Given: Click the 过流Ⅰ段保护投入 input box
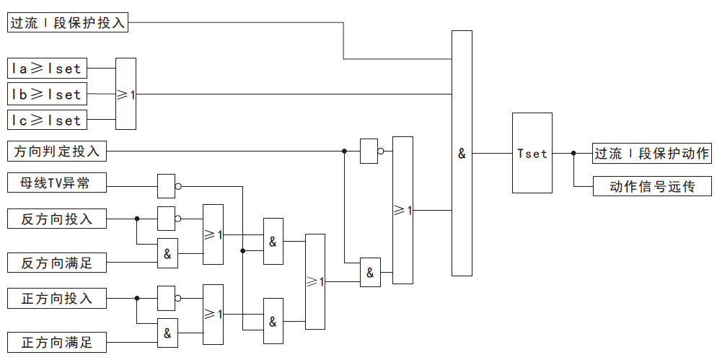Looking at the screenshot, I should [x=69, y=22].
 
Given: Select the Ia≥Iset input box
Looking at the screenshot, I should [x=47, y=69].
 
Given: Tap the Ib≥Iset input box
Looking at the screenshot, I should [x=47, y=94].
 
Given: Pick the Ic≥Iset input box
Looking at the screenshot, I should [x=47, y=119].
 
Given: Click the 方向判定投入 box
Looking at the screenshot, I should [x=57, y=152].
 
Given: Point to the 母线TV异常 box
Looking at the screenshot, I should [x=57, y=184].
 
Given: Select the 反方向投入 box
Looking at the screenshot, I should [x=57, y=218].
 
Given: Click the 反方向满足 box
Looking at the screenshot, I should [x=57, y=263].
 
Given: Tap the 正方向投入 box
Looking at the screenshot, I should [x=57, y=297].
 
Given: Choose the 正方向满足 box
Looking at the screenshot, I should [x=57, y=342].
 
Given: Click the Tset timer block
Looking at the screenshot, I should [x=532, y=153].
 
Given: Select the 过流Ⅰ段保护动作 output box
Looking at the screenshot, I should [x=651, y=153].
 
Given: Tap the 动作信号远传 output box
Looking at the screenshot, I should [x=651, y=186].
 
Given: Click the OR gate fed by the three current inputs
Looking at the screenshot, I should [x=126, y=94].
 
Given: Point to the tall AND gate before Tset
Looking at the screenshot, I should [x=462, y=153].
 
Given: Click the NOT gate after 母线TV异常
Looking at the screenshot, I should [x=167, y=185].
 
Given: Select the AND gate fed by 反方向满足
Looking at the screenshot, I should [x=167, y=253].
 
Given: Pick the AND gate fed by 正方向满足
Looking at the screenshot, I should [x=167, y=333].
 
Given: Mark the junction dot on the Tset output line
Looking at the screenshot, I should [x=573, y=153].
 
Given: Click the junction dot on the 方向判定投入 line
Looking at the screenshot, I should [x=344, y=152].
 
